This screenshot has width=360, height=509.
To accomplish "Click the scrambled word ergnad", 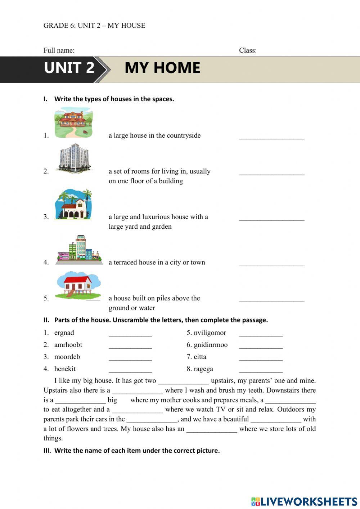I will point(64,333).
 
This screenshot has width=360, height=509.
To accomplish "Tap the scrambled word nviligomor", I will point(210,333).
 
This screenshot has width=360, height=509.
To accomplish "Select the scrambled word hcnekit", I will point(65,369).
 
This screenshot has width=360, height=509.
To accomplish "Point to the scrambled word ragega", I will point(203,369).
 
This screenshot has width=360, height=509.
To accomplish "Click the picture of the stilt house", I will point(77,285).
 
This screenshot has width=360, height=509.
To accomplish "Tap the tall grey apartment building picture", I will point(74,157).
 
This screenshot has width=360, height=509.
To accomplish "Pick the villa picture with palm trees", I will point(73,204).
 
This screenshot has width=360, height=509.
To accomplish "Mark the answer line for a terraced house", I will point(271,264).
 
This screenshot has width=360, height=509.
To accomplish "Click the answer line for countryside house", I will point(271,137).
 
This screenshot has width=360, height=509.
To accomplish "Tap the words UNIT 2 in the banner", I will point(69,68).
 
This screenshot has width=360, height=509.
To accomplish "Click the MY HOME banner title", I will point(162,68).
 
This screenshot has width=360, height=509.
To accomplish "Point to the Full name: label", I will point(59,50).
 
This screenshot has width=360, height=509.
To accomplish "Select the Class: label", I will point(248,50).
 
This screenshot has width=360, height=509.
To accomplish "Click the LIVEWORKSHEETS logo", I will point(304,501).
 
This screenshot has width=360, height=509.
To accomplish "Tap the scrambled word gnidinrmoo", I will point(210,345).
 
